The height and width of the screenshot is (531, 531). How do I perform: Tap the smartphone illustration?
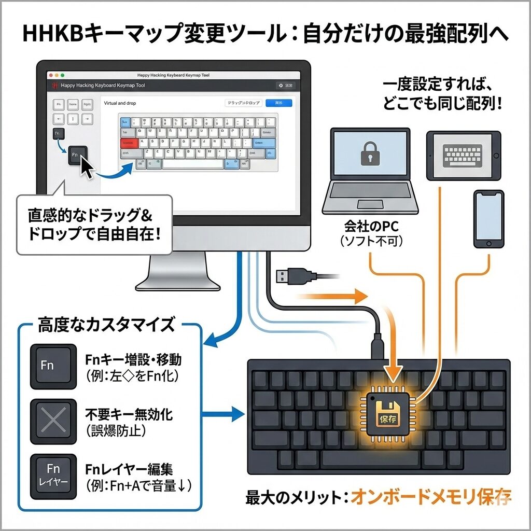pos(488,219)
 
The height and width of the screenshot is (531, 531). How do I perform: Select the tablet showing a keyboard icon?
pos(464,155)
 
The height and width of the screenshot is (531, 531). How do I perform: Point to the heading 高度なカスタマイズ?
pos(106,326)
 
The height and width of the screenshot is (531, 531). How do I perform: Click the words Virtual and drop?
pos(120,103)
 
